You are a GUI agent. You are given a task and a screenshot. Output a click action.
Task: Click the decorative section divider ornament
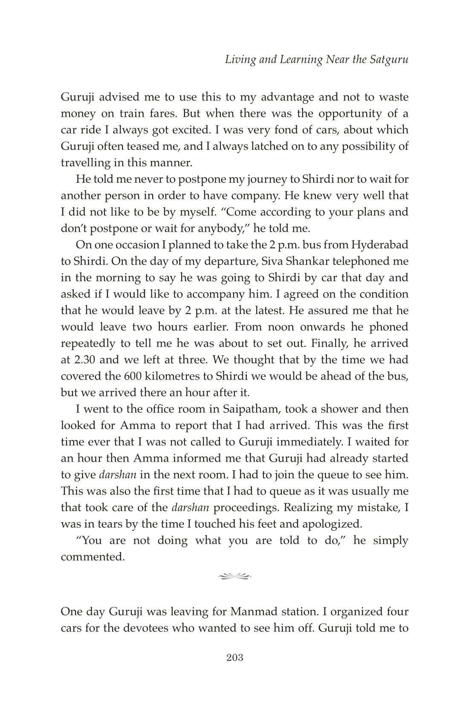coord(234,577)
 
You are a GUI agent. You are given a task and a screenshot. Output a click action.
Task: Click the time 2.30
coord(84,359)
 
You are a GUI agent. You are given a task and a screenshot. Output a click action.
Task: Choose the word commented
coord(93,557)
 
